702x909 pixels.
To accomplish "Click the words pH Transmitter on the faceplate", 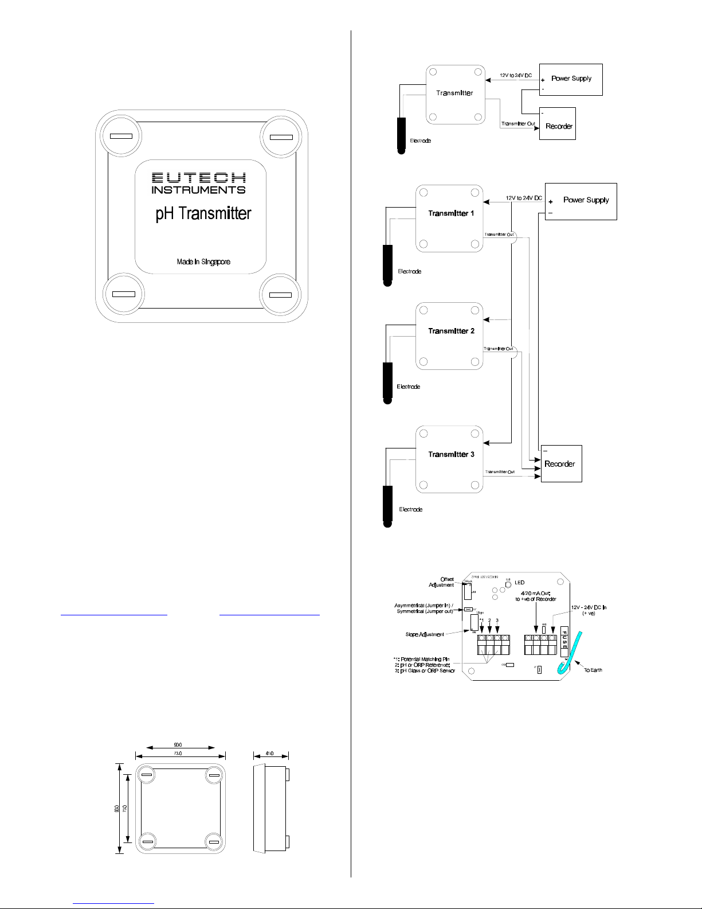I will [x=203, y=214].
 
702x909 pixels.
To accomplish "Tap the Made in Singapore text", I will [x=203, y=262].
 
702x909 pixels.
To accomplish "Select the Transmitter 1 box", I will [x=449, y=218].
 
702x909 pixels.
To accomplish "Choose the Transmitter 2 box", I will [x=449, y=335].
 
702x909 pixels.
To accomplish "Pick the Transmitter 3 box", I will [x=449, y=459].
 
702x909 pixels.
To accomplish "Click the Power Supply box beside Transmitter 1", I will [x=581, y=201].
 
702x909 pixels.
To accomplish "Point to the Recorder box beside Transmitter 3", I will [x=562, y=463].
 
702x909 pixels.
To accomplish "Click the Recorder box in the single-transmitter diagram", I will [x=558, y=124].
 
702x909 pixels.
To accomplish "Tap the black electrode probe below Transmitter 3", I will [x=387, y=505].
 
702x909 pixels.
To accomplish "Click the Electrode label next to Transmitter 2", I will [x=409, y=387].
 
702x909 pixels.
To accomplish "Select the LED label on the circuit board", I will [x=519, y=583].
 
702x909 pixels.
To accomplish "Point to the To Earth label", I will [x=593, y=670].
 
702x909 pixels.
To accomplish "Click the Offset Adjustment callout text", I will [x=442, y=582].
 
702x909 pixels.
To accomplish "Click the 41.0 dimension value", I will [x=269, y=754].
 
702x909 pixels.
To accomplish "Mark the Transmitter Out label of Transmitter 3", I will [x=500, y=472].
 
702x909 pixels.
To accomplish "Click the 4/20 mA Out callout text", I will [x=536, y=596].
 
